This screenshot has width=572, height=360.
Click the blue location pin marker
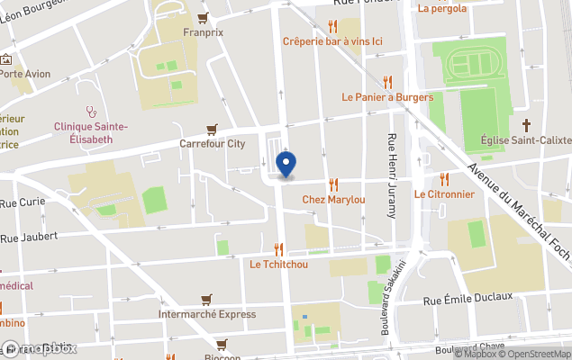(286, 165)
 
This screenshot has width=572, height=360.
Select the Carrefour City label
(213, 143)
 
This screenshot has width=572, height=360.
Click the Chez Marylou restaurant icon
(333, 184)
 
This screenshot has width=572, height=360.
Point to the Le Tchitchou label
(278, 264)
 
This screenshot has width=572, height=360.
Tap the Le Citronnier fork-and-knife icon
(444, 179)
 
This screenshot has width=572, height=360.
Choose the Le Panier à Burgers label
(387, 97)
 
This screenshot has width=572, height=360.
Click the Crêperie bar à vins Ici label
(332, 41)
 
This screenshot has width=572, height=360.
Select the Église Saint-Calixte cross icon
(527, 125)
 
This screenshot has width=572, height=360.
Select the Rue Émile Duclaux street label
(468, 297)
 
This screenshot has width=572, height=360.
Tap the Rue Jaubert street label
(29, 238)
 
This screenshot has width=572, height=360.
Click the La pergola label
(442, 9)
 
